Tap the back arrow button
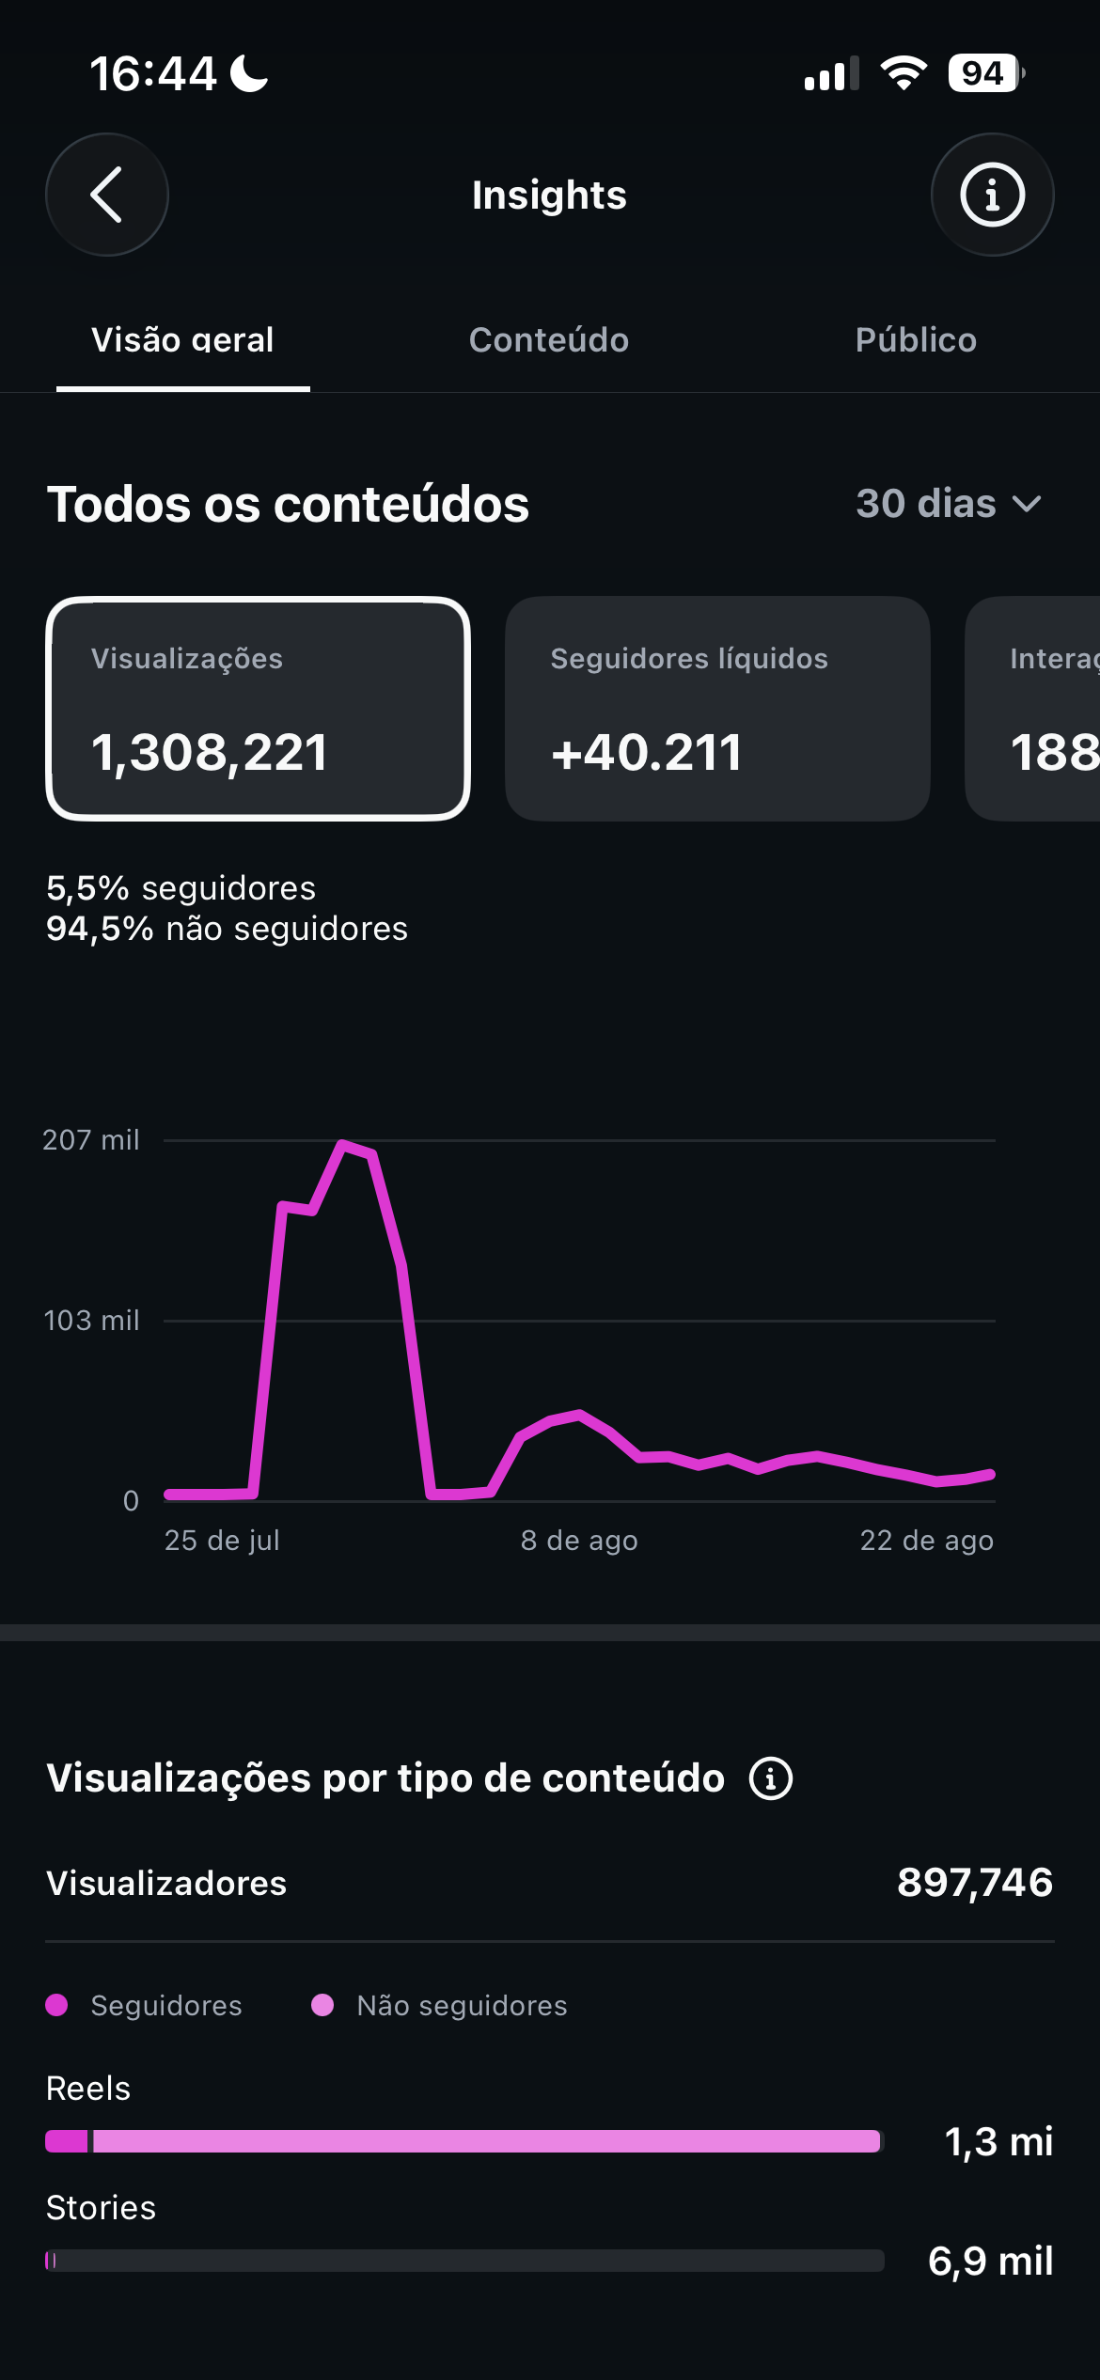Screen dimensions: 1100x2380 (107, 195)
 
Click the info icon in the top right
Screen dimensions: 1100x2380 (992, 195)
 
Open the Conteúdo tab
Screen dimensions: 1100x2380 (549, 340)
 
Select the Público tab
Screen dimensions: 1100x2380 (916, 340)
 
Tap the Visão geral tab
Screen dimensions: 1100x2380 (182, 340)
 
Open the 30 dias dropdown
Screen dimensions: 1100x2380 (949, 504)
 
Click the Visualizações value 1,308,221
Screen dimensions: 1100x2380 (210, 753)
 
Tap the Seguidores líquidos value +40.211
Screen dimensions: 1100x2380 (647, 753)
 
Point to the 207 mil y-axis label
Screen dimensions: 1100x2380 (91, 1140)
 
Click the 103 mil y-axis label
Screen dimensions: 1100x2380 (92, 1321)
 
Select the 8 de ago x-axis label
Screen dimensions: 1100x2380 (579, 1541)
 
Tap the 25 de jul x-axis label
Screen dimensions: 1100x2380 (222, 1541)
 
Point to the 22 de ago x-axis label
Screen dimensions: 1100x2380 (927, 1541)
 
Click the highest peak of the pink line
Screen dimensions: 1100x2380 (343, 1144)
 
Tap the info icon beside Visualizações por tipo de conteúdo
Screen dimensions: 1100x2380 (771, 1778)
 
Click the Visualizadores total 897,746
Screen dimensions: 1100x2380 (975, 1883)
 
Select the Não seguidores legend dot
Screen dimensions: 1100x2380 (322, 2005)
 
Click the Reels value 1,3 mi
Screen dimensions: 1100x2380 (998, 2142)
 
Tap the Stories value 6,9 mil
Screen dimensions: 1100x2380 (991, 2262)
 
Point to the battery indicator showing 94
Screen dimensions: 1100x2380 (985, 73)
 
